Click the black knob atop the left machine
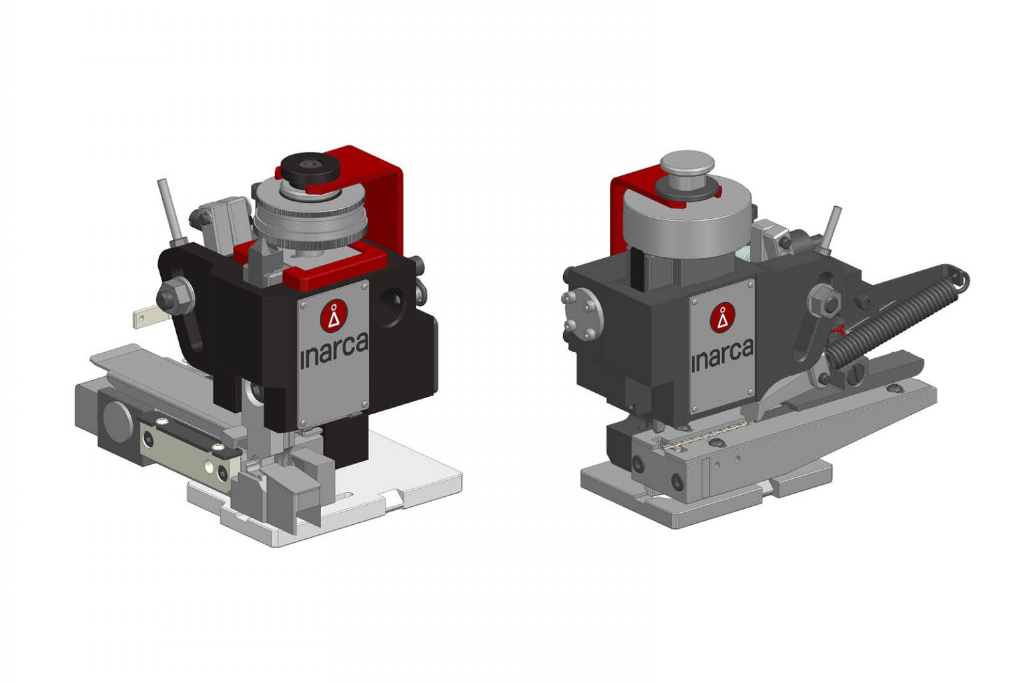(306, 168)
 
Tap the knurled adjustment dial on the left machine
(310, 220)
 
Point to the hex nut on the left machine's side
(174, 293)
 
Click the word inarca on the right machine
(722, 356)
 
